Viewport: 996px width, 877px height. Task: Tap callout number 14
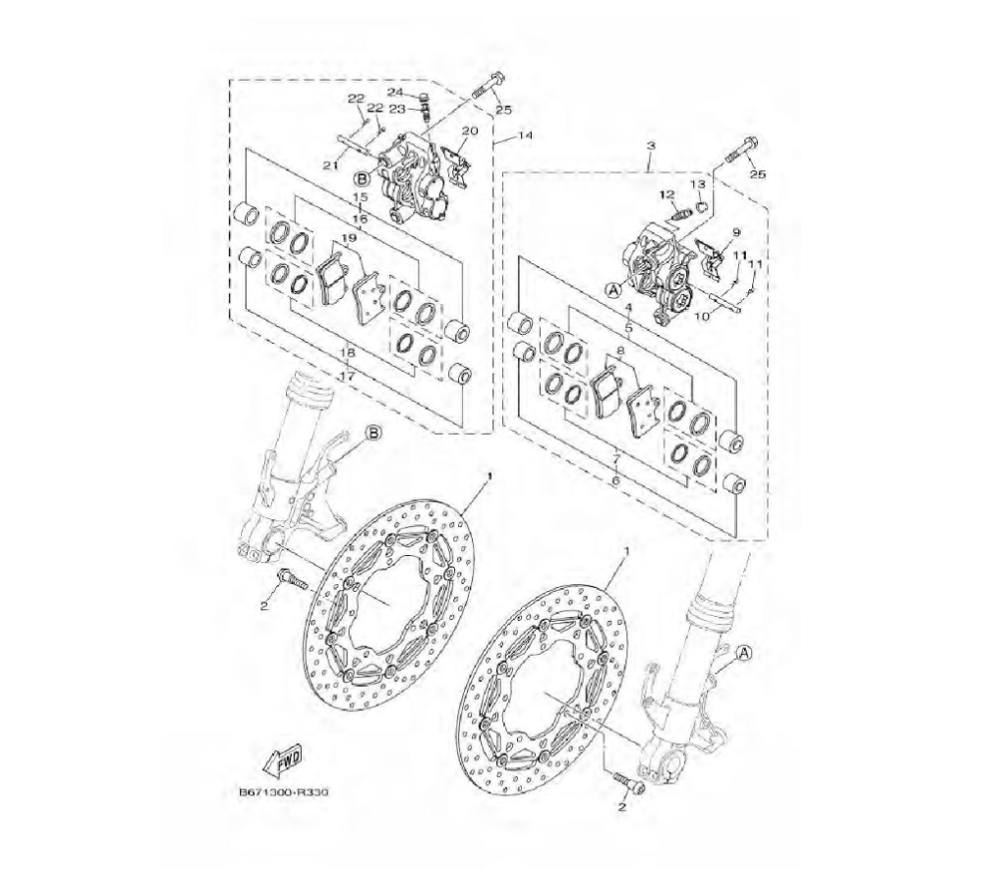pos(525,136)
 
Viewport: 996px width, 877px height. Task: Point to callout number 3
pos(650,146)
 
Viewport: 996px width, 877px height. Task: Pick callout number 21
pos(329,165)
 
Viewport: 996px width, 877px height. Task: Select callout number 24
pos(413,92)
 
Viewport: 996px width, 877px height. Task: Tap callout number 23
pos(414,110)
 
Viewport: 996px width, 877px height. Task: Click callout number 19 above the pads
pos(348,237)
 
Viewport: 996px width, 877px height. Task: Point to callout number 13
pos(697,184)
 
